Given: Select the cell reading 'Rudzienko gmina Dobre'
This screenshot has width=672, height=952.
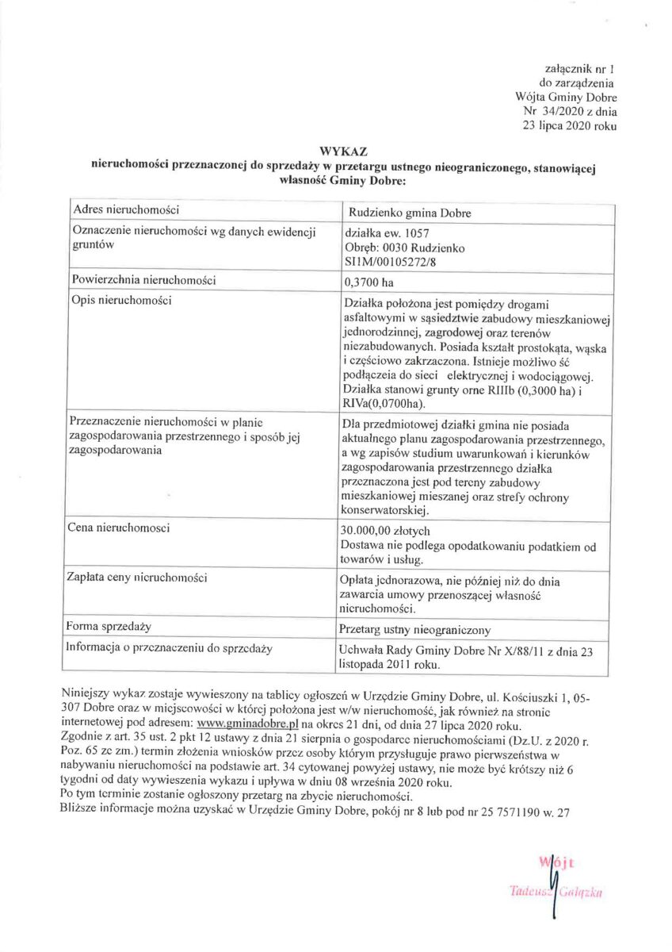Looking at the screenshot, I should (410, 214).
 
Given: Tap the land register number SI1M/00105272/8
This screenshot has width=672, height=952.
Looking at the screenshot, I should (388, 261).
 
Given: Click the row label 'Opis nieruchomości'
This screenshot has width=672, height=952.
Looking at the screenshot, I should (122, 301).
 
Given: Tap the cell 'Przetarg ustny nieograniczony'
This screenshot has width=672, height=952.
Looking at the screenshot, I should (414, 630).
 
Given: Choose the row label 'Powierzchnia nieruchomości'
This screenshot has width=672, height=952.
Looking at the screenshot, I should (143, 280).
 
